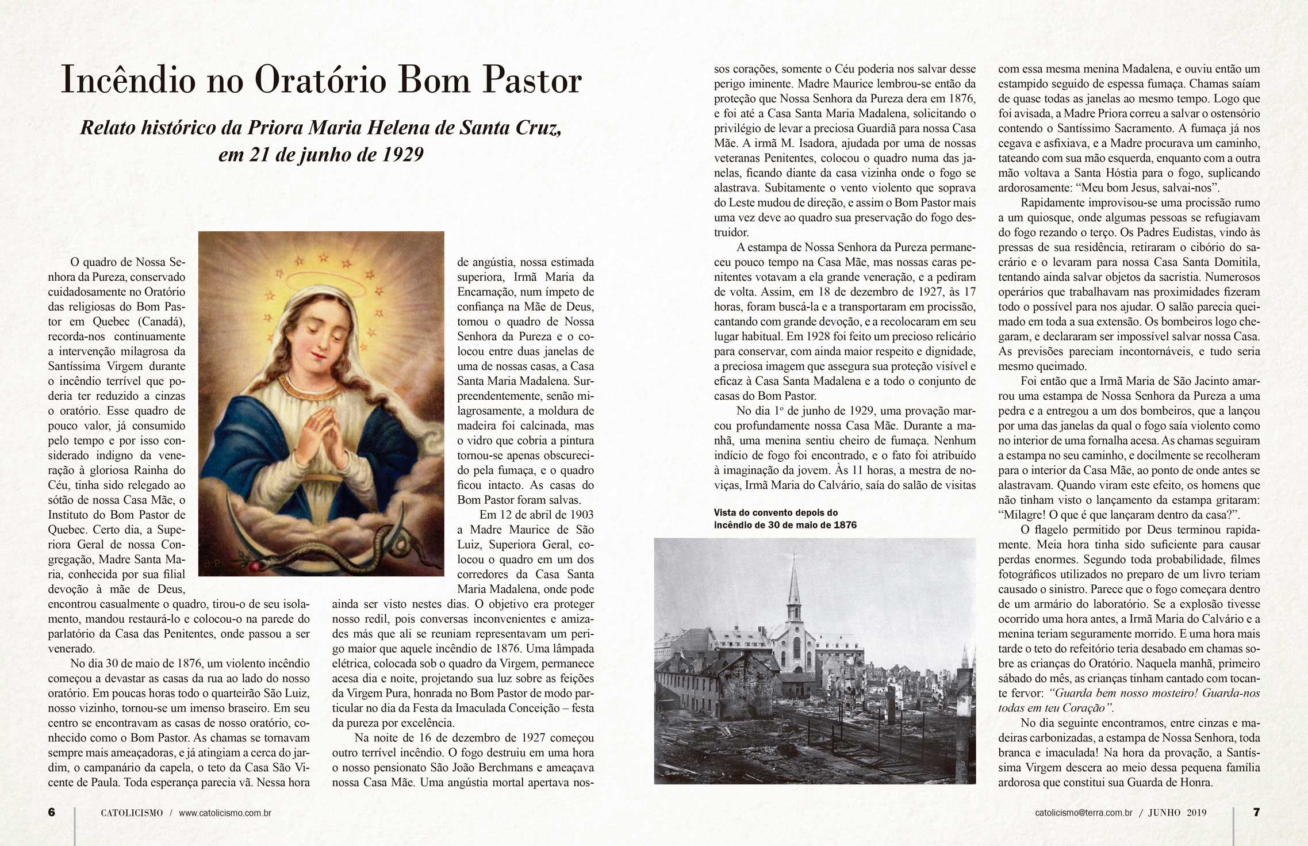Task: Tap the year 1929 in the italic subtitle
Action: [402, 154]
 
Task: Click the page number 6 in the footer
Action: [52, 812]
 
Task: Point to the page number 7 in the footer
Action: [1256, 812]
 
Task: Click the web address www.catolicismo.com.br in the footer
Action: [225, 813]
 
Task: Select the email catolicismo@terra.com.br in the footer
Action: [1084, 813]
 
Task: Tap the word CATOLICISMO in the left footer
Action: [132, 813]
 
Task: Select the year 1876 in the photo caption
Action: [843, 525]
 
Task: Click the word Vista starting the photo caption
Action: [726, 512]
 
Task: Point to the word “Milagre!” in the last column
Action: [1021, 515]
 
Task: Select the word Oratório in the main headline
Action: [321, 79]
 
